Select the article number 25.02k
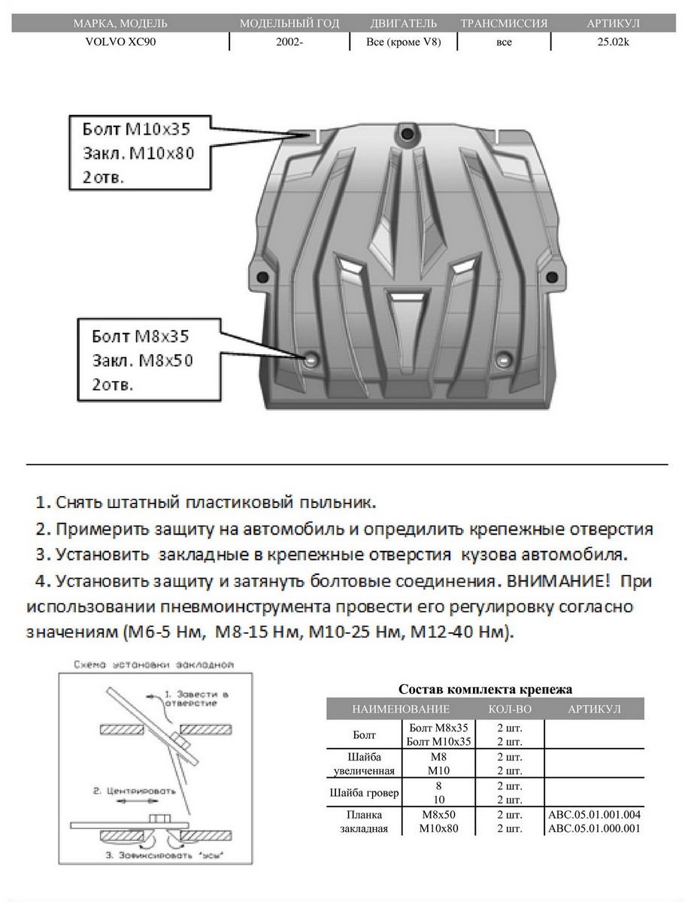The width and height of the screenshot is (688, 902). tap(614, 42)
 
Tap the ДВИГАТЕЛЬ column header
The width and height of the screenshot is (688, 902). tap(403, 24)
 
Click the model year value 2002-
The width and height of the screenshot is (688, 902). tap(289, 42)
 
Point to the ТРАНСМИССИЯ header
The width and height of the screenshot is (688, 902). tap(503, 24)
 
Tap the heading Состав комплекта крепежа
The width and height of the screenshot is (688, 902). tap(484, 689)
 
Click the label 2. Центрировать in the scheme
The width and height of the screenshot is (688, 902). tap(135, 792)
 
